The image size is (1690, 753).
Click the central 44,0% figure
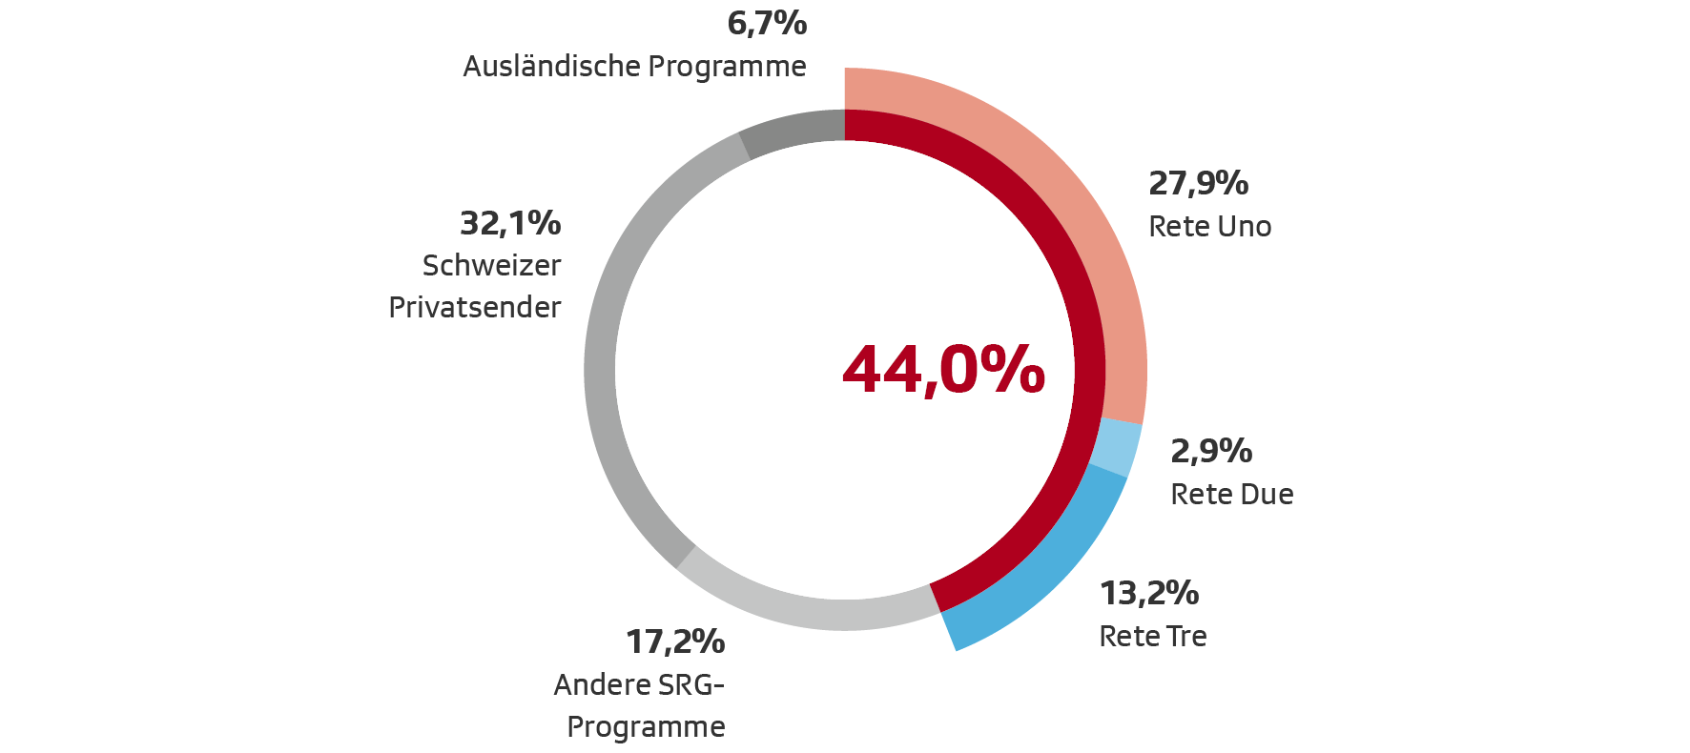pyautogui.click(x=943, y=370)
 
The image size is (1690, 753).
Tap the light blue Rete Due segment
pyautogui.click(x=1116, y=447)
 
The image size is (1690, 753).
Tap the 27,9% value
pyautogui.click(x=1198, y=183)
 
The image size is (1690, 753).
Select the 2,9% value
pyautogui.click(x=1211, y=451)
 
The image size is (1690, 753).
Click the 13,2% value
pyautogui.click(x=1149, y=593)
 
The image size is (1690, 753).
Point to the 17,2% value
pyautogui.click(x=675, y=641)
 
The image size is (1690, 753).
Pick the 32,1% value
pyautogui.click(x=510, y=223)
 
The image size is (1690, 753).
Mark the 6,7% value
pyautogui.click(x=767, y=23)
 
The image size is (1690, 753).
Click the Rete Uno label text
pyautogui.click(x=1209, y=227)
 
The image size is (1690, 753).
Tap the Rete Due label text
pyautogui.click(x=1231, y=495)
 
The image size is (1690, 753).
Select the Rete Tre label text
pyautogui.click(x=1152, y=637)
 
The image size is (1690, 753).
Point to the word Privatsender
pyautogui.click(x=475, y=308)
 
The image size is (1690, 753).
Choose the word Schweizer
pyautogui.click(x=491, y=266)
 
